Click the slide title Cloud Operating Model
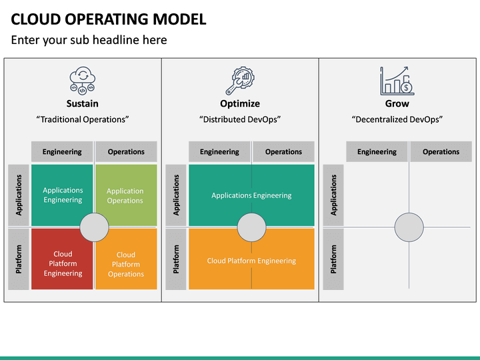[x=109, y=19]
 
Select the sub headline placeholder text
[x=89, y=40]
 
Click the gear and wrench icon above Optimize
[x=239, y=81]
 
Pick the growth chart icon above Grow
[x=397, y=80]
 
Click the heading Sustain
[x=82, y=103]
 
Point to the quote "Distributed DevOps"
[x=240, y=119]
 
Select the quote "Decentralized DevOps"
[x=397, y=119]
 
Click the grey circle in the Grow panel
[x=409, y=227]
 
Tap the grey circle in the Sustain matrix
[x=94, y=227]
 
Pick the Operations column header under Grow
[x=441, y=152]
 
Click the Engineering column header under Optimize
[x=219, y=152]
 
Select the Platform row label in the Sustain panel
[x=19, y=259]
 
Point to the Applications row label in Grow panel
[x=333, y=195]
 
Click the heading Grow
[x=397, y=103]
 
